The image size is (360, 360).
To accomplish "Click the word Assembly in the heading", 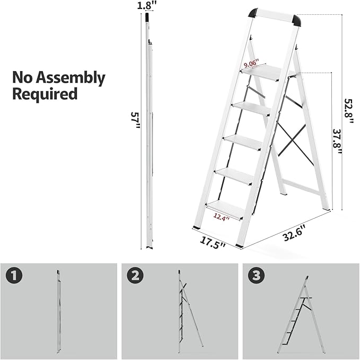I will (73, 78).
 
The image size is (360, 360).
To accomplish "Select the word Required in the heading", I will (45, 95).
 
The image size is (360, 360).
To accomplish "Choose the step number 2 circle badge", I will (135, 276).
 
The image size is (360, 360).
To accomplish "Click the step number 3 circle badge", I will (257, 276).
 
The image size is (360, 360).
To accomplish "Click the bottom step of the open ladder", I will (225, 208).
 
